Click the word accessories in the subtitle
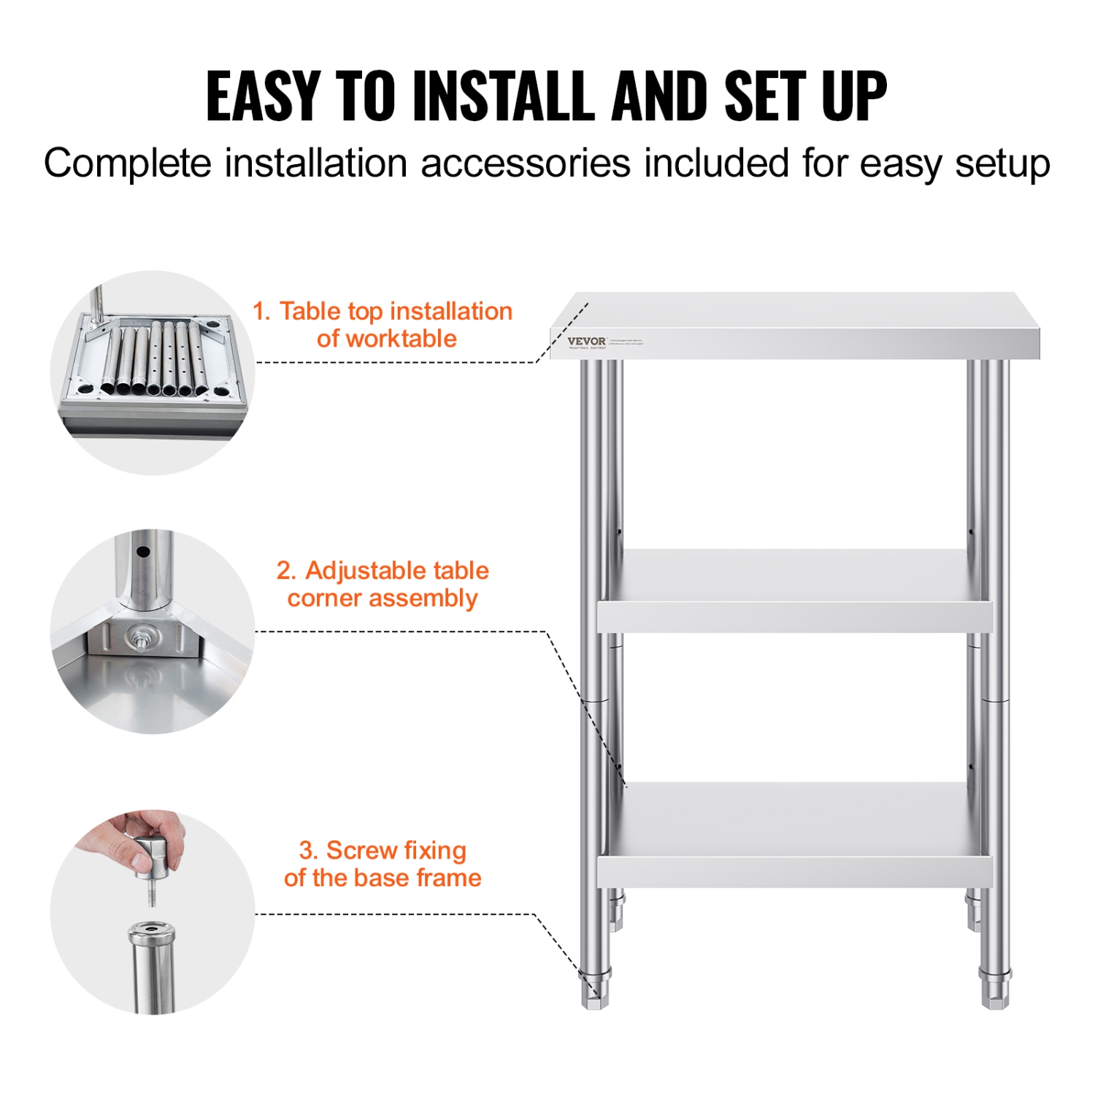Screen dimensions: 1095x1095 point(526,163)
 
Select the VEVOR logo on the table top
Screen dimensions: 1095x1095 point(586,341)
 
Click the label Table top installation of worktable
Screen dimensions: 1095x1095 point(383,325)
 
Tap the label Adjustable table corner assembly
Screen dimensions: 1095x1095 point(383,584)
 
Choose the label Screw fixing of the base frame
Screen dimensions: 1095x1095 point(383,864)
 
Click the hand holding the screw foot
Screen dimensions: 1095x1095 point(139,839)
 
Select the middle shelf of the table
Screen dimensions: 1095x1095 point(794,591)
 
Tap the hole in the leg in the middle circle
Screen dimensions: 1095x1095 point(143,553)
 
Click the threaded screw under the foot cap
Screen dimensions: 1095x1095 point(152,894)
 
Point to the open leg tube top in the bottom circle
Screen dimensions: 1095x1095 point(152,931)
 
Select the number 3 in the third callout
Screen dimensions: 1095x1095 point(307,850)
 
